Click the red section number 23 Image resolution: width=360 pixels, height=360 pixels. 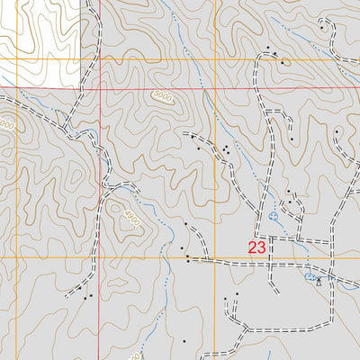(x=257, y=247)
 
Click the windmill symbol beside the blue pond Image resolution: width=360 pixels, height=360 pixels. (x=319, y=281)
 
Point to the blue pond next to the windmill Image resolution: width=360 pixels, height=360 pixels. (x=310, y=278)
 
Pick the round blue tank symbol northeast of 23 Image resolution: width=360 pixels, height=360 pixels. (x=274, y=217)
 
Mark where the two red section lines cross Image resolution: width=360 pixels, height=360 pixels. (x=98, y=90)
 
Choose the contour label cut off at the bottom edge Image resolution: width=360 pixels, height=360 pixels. (x=135, y=356)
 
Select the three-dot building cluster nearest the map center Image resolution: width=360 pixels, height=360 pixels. (x=224, y=148)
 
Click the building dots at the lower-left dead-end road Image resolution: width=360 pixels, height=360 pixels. (x=87, y=295)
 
